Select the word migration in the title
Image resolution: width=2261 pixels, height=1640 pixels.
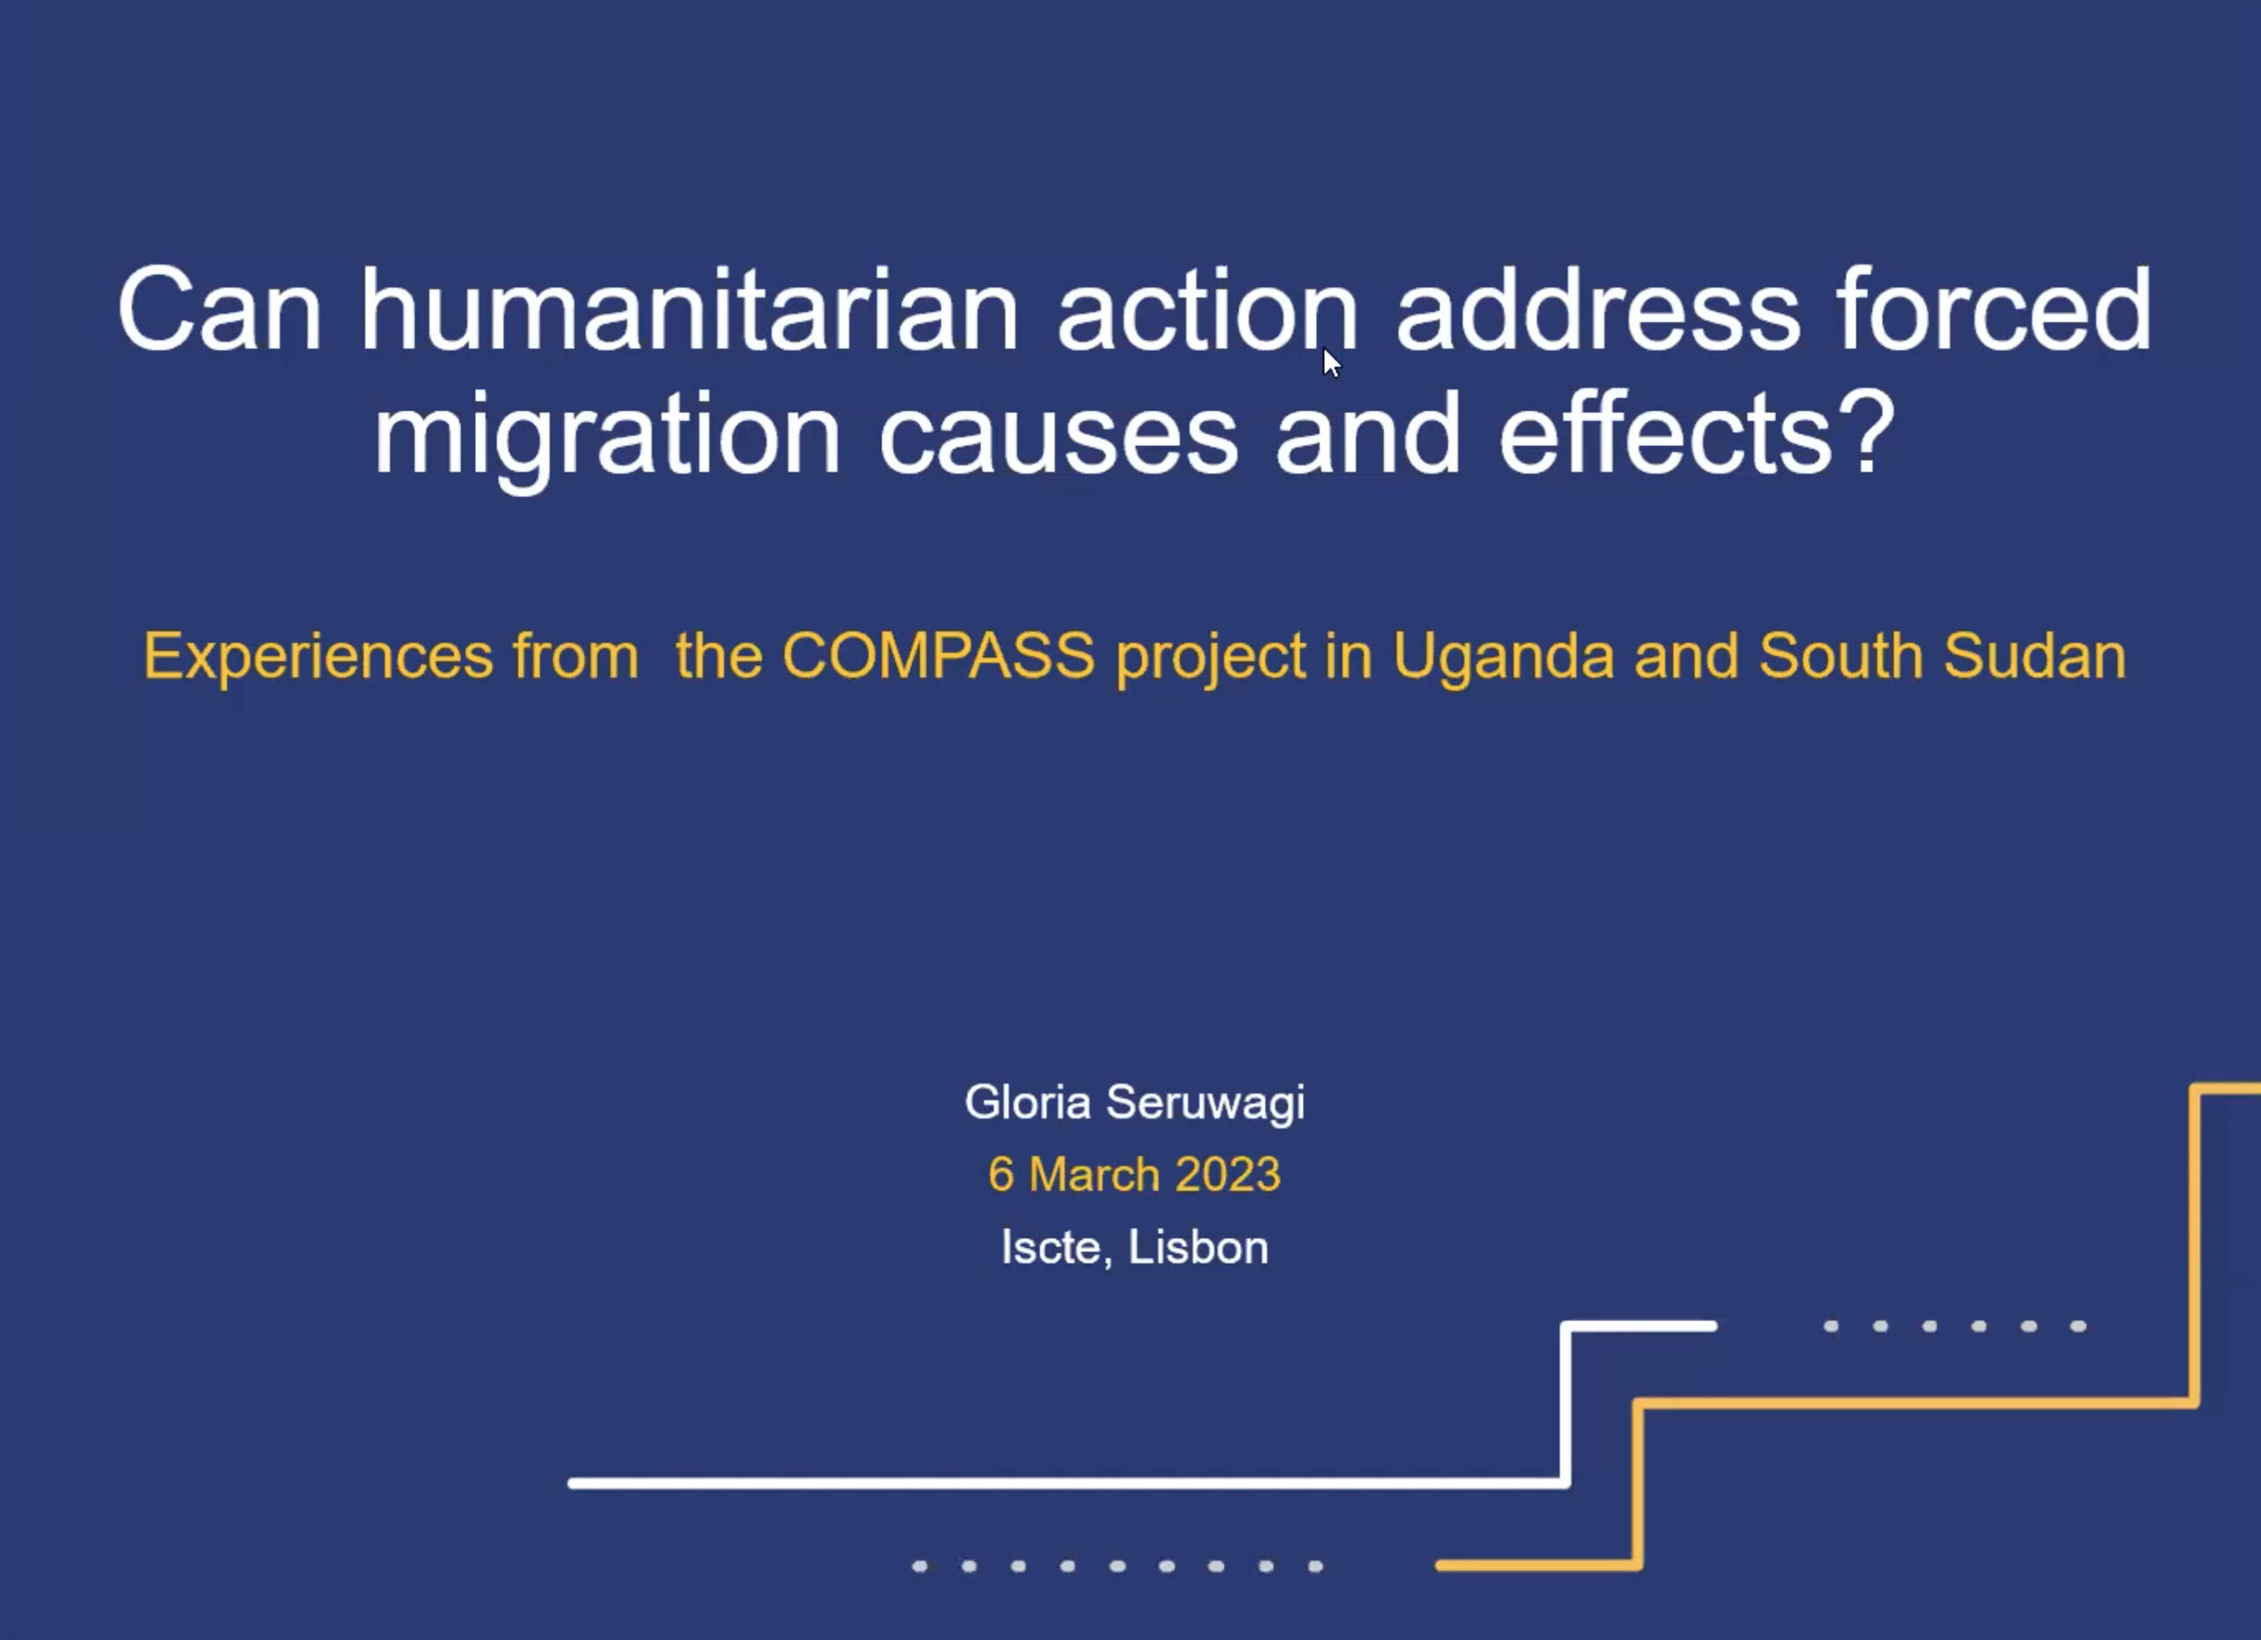(x=609, y=435)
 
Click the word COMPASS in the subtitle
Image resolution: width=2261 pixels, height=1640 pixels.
(x=938, y=656)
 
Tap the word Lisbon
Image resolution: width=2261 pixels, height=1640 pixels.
(x=1199, y=1247)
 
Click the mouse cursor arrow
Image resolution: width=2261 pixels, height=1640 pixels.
(x=1332, y=363)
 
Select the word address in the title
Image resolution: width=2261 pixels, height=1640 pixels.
(x=1598, y=310)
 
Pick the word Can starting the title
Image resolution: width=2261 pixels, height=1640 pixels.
(x=220, y=310)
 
